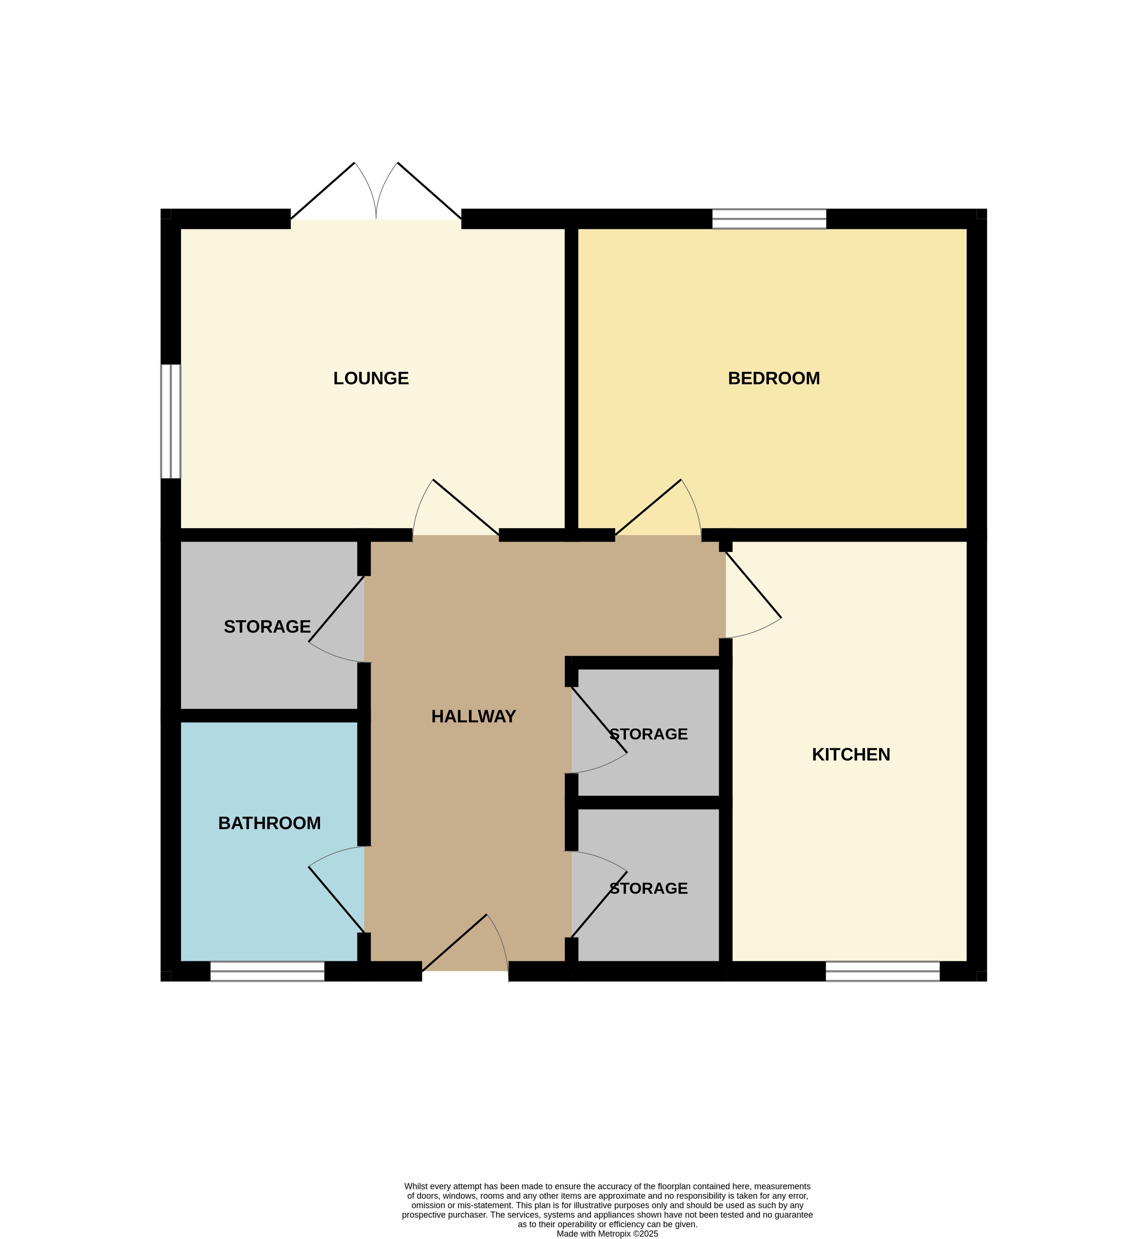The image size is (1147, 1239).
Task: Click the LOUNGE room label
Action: click(x=371, y=379)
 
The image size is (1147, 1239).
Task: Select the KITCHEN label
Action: click(x=851, y=755)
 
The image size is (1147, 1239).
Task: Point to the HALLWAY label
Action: click(x=474, y=717)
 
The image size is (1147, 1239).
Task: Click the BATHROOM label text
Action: click(x=269, y=823)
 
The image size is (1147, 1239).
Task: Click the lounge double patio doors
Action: click(x=376, y=192)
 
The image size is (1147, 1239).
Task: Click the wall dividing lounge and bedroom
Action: click(x=571, y=379)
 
